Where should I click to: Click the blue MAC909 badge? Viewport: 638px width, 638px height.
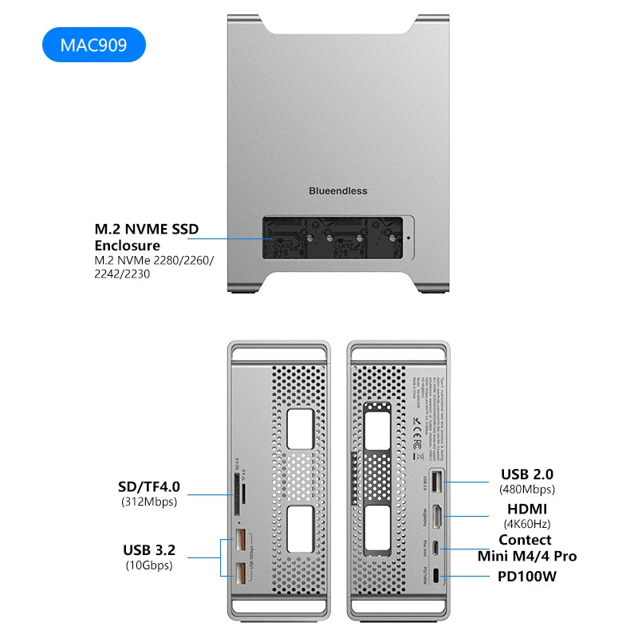[93, 45]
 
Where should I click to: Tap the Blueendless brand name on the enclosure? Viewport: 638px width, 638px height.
[338, 191]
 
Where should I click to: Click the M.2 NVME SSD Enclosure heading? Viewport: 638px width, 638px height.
[146, 237]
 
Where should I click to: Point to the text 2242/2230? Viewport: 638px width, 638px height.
[122, 274]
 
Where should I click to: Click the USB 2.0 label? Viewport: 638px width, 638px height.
[527, 475]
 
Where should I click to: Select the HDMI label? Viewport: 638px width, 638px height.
[527, 509]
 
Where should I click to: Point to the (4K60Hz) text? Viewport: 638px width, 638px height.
[527, 524]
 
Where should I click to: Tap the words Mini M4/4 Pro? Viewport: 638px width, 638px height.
[527, 556]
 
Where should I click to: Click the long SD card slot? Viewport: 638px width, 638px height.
[238, 494]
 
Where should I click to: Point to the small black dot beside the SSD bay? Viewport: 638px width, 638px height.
[408, 237]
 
